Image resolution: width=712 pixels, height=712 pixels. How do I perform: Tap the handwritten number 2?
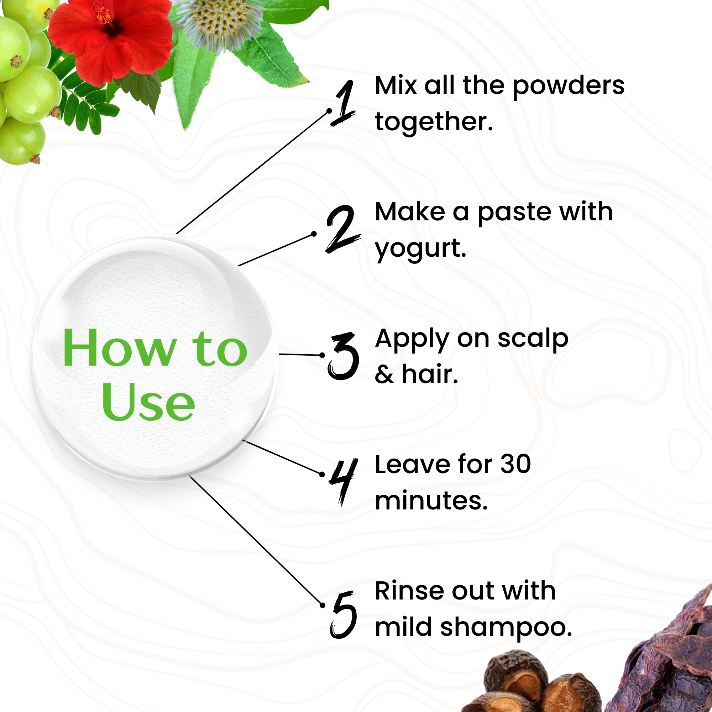click(343, 229)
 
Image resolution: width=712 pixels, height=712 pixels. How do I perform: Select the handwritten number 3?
click(343, 356)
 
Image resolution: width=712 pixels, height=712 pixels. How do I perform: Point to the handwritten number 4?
click(344, 481)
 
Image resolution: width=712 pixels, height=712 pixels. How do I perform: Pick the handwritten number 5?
click(344, 615)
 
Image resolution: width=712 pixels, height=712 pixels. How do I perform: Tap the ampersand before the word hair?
click(384, 375)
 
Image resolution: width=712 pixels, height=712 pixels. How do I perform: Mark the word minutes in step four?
click(431, 501)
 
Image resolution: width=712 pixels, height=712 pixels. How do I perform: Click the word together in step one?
click(434, 122)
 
